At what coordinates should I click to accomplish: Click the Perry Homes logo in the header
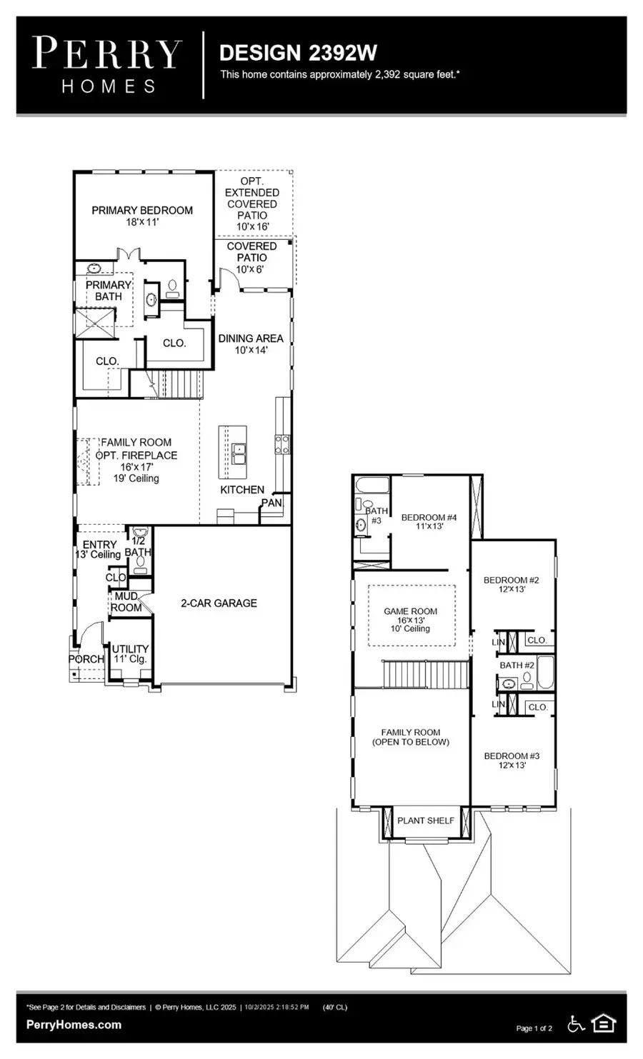[x=108, y=65]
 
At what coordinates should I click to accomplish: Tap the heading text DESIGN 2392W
[x=297, y=53]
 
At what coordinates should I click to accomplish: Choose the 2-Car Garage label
[x=219, y=603]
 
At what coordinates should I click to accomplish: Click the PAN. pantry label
[x=271, y=503]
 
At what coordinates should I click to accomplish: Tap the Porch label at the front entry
[x=86, y=659]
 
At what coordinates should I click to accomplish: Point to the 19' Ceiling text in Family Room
[x=136, y=478]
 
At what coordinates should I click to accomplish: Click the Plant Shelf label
[x=426, y=820]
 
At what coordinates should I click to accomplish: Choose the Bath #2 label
[x=517, y=666]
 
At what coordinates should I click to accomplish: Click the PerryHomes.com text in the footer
[x=74, y=1025]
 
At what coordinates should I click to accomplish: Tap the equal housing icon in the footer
[x=604, y=1025]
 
